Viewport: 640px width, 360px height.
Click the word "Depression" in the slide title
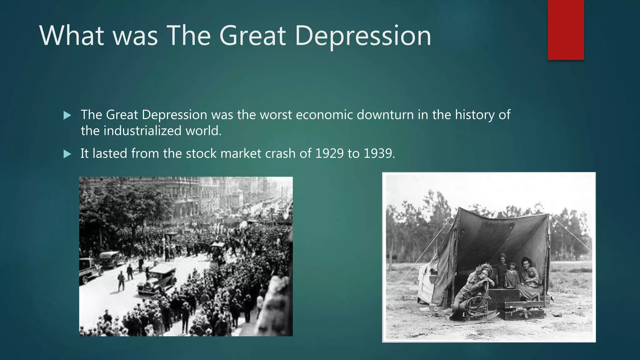pos(362,36)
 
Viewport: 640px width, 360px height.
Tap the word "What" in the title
pos(72,36)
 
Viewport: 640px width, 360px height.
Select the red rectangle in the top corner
pos(566,30)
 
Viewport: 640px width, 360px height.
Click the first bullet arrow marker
pos(67,116)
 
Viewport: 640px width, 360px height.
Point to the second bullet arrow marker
pos(67,154)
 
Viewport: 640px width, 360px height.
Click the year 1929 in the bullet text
pos(329,153)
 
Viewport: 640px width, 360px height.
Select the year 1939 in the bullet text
pos(379,153)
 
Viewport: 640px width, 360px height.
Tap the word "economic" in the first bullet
pos(324,115)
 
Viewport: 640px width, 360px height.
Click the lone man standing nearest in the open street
pos(121,281)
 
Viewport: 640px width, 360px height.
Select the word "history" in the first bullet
pos(475,115)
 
